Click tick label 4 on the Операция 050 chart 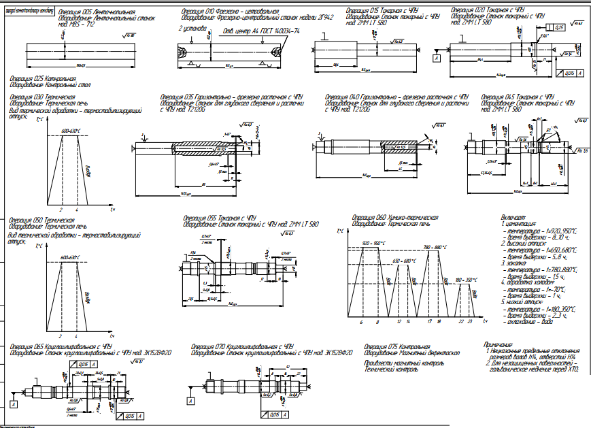(x=77, y=337)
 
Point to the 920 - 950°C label (x=374, y=243)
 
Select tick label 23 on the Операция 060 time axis (x=470, y=320)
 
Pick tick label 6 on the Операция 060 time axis (x=361, y=320)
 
